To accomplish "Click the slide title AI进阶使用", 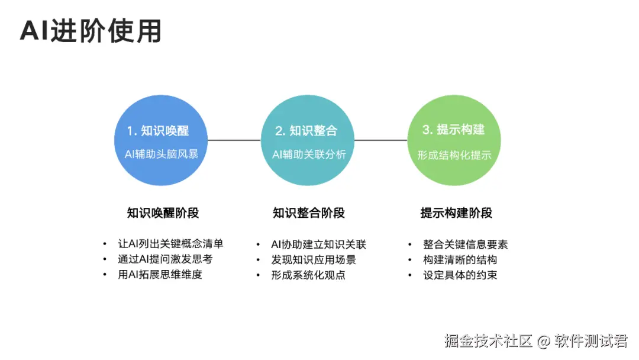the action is [x=91, y=31].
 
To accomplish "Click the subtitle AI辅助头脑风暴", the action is [x=161, y=155].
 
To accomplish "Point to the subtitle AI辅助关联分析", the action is [x=308, y=155].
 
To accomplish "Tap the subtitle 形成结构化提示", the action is [x=454, y=155].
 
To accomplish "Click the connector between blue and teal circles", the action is [x=234, y=140].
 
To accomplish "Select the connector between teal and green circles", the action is [x=381, y=140].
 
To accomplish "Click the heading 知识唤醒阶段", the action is [x=163, y=213].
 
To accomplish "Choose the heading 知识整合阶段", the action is [x=309, y=213].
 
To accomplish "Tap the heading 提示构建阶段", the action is [x=456, y=213].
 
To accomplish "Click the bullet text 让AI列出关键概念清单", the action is [x=170, y=244].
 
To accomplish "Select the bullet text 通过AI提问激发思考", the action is [x=165, y=259].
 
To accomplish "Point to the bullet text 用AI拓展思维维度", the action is [x=160, y=275].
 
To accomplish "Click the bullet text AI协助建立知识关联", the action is [x=318, y=244].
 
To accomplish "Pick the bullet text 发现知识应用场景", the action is [x=313, y=259].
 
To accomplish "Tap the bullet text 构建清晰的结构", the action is [x=460, y=259].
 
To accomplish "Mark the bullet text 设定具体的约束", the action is [x=460, y=275].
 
